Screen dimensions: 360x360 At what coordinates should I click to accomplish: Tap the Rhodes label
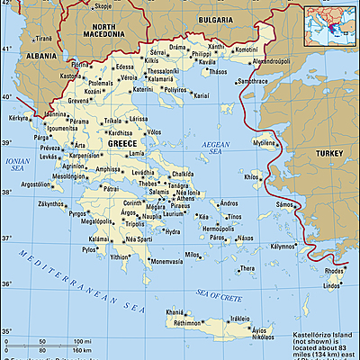click(x=334, y=271)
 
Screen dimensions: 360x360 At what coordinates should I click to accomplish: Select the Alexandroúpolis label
click(x=249, y=60)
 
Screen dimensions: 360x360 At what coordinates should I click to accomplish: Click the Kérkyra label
click(x=19, y=118)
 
